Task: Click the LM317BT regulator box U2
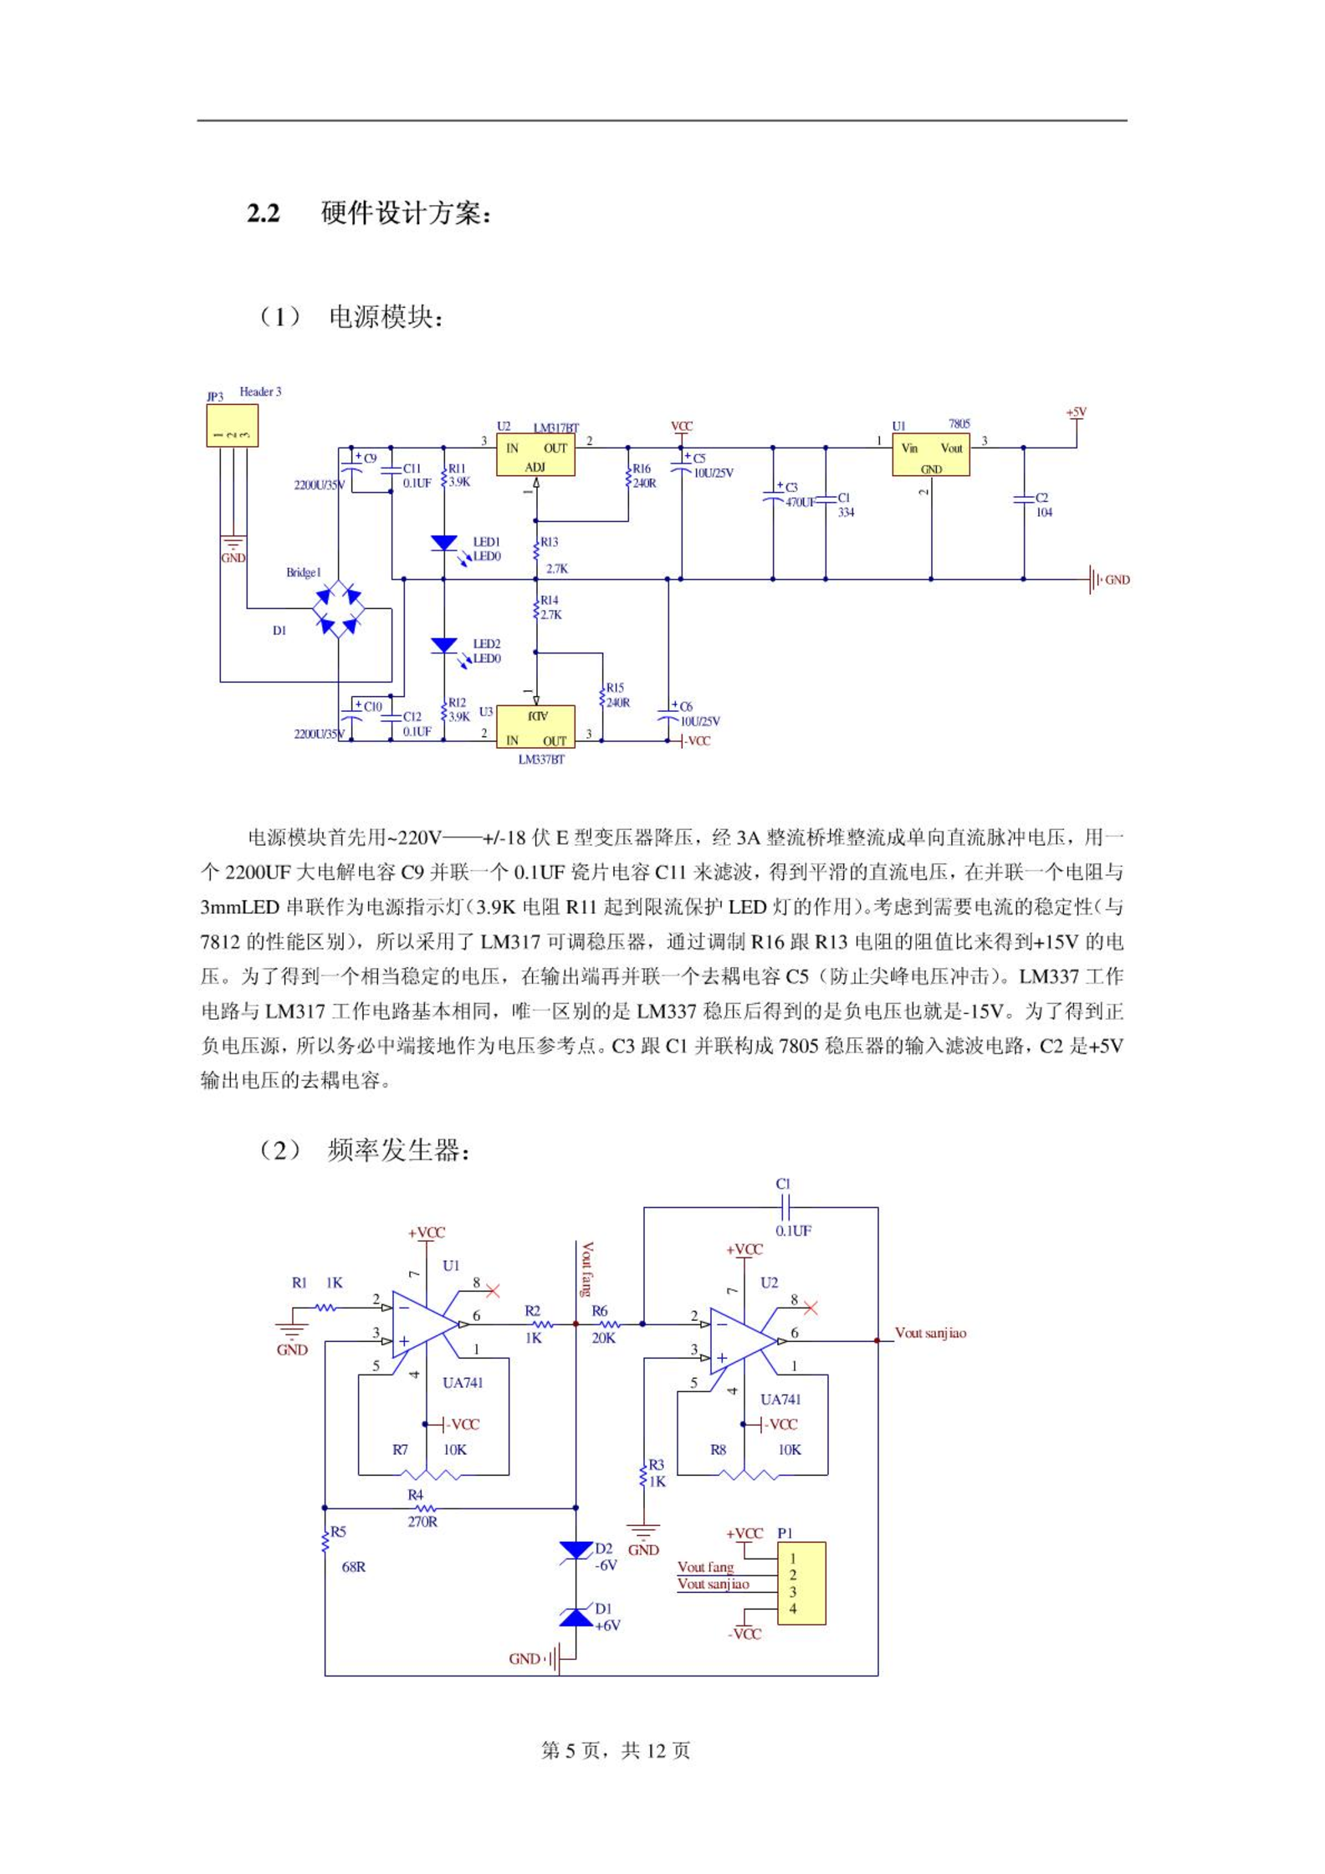(x=535, y=455)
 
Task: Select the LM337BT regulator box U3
(x=535, y=727)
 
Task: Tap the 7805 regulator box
(x=930, y=455)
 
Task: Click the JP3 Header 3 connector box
(x=233, y=426)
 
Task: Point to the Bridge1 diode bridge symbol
(x=339, y=608)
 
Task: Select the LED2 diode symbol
(x=444, y=645)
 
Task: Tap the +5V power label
(x=1077, y=412)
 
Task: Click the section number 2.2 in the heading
(x=263, y=213)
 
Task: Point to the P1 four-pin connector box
(x=801, y=1584)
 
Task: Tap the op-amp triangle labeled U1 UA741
(x=424, y=1324)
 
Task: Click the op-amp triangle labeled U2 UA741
(x=742, y=1341)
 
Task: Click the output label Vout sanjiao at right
(x=930, y=1333)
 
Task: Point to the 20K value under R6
(x=603, y=1338)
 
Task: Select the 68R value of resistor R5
(x=354, y=1567)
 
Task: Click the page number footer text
(x=616, y=1750)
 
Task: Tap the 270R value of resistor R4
(x=422, y=1522)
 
